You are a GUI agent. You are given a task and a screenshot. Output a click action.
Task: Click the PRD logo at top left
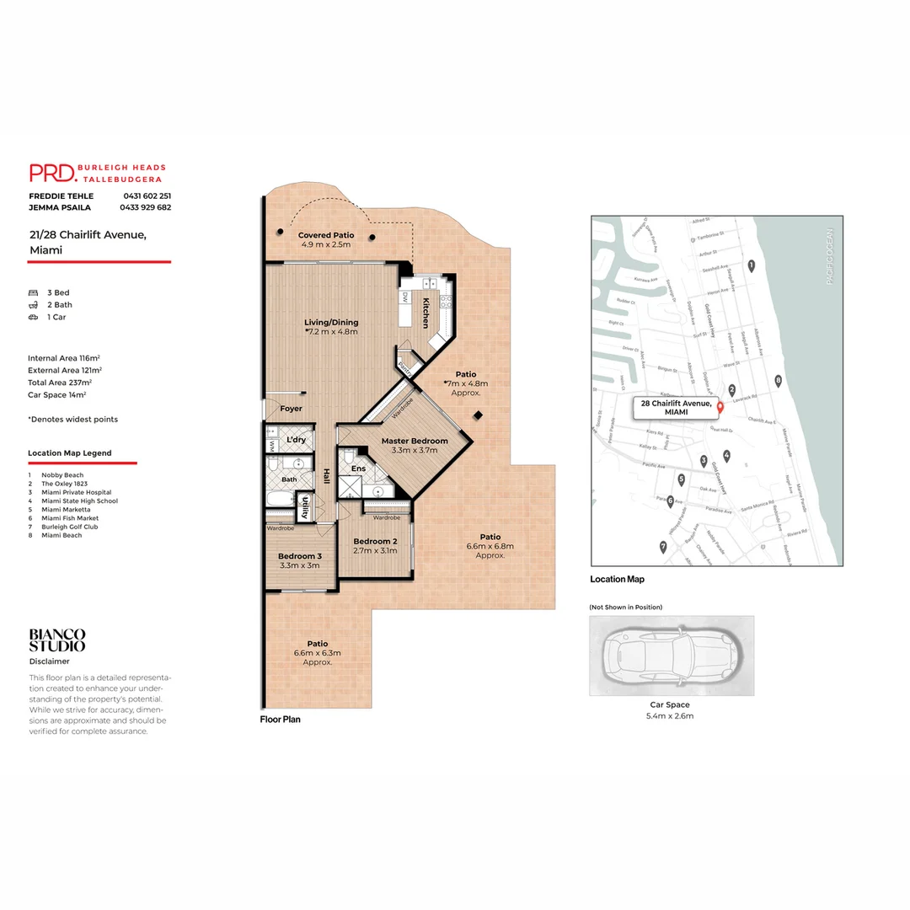coord(52,173)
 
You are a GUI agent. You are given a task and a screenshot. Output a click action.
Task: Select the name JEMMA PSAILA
coord(60,207)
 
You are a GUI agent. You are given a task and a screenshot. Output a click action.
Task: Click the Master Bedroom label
coord(415,441)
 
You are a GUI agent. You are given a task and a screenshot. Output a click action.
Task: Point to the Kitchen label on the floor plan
coord(426,313)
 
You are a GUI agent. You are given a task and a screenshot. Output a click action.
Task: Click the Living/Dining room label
coord(331,322)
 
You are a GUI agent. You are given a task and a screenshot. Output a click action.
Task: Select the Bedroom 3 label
coord(300,555)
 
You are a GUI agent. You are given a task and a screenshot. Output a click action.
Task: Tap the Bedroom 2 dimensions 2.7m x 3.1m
coord(374,550)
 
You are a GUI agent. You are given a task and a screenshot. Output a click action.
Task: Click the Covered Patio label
coord(326,235)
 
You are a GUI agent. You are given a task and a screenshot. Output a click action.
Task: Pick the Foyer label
coord(291,409)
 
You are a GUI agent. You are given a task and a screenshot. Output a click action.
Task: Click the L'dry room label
coord(296,440)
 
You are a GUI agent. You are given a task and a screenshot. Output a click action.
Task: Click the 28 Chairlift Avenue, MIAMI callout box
coord(677,408)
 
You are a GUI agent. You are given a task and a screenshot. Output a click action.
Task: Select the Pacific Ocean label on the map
coord(829,256)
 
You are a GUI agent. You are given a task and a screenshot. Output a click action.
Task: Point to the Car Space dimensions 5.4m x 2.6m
coord(670,716)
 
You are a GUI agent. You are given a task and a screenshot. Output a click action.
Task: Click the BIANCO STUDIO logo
coord(57,640)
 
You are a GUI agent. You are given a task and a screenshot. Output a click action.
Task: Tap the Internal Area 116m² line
coord(63,358)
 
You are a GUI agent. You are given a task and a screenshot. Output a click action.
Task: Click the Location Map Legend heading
coord(70,453)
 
